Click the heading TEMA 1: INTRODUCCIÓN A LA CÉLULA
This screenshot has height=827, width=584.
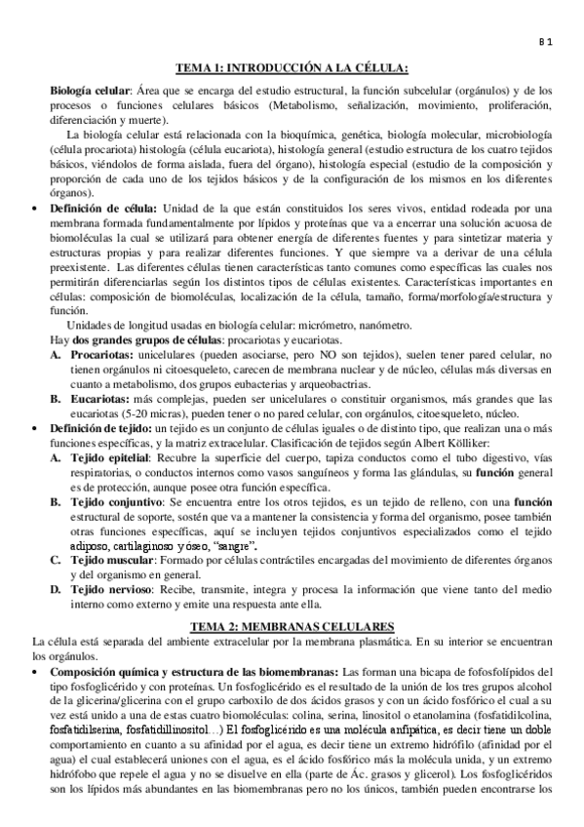(x=292, y=67)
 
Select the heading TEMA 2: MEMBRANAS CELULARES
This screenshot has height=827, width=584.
(x=292, y=624)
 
